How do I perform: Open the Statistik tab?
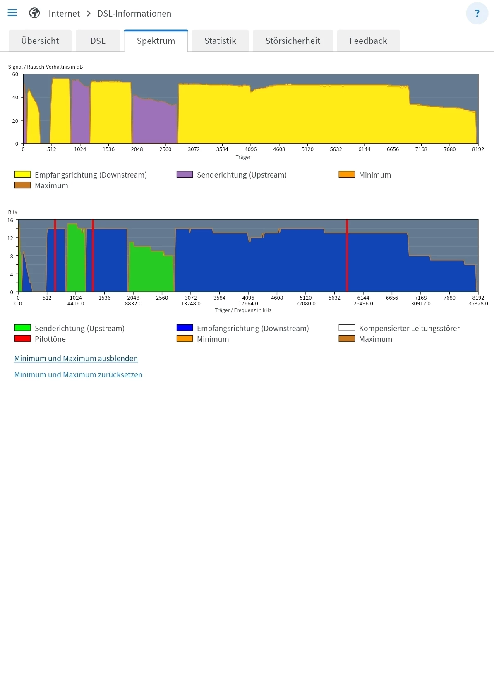coord(220,41)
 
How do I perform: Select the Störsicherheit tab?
coord(293,41)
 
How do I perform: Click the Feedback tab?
coord(368,41)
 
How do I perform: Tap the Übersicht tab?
coord(40,41)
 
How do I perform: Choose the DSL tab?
coord(98,41)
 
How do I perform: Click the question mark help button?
coord(477,13)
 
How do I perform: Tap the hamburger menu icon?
coord(12,13)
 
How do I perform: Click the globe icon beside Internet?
coord(34,13)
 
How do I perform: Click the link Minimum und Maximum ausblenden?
coord(76,359)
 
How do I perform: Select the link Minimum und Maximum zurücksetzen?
coord(78,375)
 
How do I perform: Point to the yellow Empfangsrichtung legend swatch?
coord(23,175)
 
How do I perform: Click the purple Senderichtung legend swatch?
coord(185,175)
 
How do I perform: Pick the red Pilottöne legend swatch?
coord(23,339)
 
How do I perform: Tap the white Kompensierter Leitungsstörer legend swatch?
coord(347,328)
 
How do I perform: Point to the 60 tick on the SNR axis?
coord(15,74)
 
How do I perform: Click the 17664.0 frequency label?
coord(248,304)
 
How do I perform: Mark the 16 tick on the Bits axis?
coord(10,221)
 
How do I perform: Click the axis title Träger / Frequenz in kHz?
coord(243,310)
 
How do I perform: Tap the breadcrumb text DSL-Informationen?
coord(134,14)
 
